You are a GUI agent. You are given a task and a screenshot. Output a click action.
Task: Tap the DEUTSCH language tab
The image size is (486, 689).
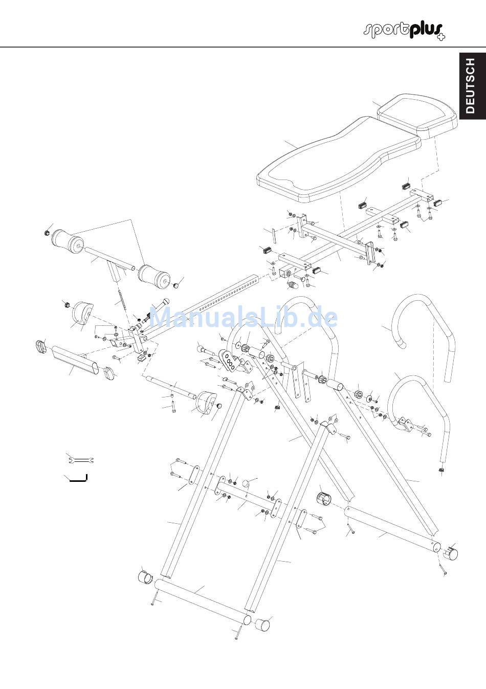471,85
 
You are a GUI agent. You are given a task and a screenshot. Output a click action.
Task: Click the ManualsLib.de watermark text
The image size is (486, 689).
243,318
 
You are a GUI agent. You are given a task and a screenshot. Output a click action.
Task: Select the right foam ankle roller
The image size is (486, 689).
153,276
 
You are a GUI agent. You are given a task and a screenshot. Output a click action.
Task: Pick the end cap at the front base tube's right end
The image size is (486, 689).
261,624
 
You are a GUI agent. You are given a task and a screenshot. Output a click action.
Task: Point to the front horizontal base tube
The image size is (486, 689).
203,602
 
